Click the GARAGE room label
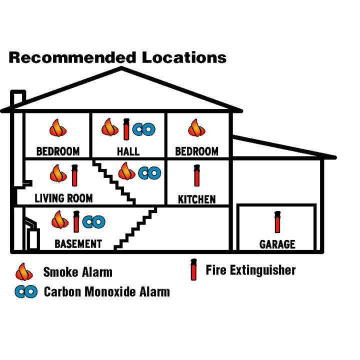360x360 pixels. pyautogui.click(x=277, y=244)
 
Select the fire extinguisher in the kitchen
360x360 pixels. pyautogui.click(x=196, y=175)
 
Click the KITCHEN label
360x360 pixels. pyautogui.click(x=197, y=199)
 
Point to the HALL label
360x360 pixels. pyautogui.click(x=128, y=151)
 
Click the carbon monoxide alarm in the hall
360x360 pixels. pyautogui.click(x=144, y=129)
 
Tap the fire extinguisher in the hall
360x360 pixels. pyautogui.click(x=126, y=128)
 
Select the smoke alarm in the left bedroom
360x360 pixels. pyautogui.click(x=58, y=128)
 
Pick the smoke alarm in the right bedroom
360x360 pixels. pyautogui.click(x=196, y=128)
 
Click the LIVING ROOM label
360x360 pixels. pyautogui.click(x=63, y=198)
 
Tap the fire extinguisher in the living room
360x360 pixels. pyautogui.click(x=75, y=175)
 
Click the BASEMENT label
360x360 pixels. pyautogui.click(x=78, y=244)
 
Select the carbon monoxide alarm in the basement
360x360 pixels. pyautogui.click(x=94, y=221)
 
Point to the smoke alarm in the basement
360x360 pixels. pyautogui.click(x=60, y=220)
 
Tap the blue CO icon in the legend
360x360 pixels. pyautogui.click(x=26, y=292)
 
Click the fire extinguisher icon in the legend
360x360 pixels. pyautogui.click(x=192, y=270)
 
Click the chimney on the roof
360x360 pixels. pyautogui.click(x=18, y=98)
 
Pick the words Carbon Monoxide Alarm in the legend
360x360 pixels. pyautogui.click(x=106, y=292)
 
